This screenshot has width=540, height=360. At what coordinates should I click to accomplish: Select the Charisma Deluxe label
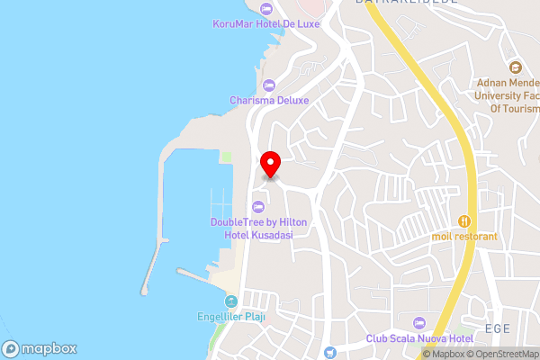(x=269, y=101)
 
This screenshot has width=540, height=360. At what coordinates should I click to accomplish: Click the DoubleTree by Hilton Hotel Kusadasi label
(x=259, y=228)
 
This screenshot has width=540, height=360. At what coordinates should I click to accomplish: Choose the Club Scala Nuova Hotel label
(x=419, y=338)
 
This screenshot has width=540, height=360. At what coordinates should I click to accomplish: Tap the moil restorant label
(x=464, y=236)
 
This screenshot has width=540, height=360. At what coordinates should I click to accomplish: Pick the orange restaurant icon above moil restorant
(x=464, y=220)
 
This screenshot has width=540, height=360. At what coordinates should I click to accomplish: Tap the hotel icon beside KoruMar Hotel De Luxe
(x=265, y=10)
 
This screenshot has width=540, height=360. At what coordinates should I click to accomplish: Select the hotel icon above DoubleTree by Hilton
(x=259, y=205)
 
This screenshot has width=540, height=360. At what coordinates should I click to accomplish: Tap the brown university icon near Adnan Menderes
(x=515, y=67)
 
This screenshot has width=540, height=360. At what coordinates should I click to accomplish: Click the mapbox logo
(x=40, y=348)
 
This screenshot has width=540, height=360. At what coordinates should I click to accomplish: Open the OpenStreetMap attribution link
(x=502, y=354)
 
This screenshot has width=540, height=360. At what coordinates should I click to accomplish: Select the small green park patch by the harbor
(x=227, y=157)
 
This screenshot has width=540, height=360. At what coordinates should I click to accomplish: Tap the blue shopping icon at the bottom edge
(x=330, y=353)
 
